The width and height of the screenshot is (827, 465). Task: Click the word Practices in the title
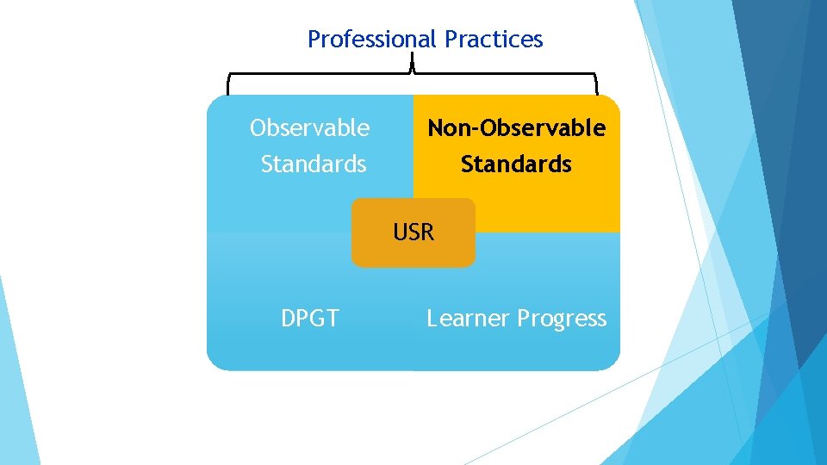point(494,40)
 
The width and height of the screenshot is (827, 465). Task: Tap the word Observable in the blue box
point(309,128)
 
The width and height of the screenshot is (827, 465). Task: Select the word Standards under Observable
point(314,164)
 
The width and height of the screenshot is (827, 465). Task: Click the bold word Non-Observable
point(517,128)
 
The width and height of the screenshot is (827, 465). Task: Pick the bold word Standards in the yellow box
point(516,164)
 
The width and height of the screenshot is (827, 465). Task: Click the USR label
point(413,232)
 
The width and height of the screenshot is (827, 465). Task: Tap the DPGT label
point(310,319)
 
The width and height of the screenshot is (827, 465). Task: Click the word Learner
point(468,319)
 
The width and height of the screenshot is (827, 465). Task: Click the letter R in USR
point(427,232)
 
